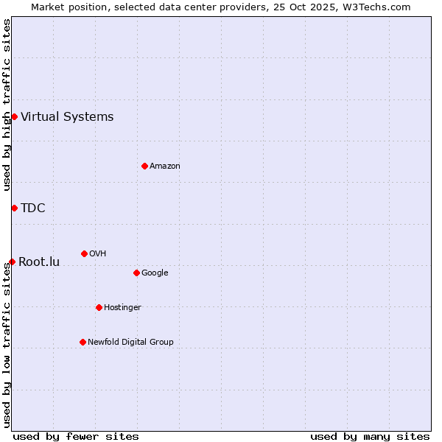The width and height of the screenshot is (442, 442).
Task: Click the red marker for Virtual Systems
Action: coord(14,116)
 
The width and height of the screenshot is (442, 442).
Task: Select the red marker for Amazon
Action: coord(144,166)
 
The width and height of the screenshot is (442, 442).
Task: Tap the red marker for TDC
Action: coord(14,208)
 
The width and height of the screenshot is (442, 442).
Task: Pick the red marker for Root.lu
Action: coord(12,262)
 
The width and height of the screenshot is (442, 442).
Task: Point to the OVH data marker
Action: coord(84,253)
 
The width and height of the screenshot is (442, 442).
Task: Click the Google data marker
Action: coord(136,273)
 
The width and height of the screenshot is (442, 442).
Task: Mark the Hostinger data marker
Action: coord(99,307)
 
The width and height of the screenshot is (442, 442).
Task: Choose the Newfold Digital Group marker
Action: coord(83,342)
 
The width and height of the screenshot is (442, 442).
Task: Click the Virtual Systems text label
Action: coord(67,116)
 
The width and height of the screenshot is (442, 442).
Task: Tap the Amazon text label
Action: coord(165,166)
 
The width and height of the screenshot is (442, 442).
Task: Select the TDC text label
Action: coord(33,208)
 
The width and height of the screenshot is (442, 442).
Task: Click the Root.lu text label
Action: coord(39,262)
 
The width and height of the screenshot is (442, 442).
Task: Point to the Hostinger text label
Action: coord(122,307)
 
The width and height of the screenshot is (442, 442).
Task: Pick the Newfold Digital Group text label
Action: coord(130,342)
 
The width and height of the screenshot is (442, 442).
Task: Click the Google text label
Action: coord(155,273)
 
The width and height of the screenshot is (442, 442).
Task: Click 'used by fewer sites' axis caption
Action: coord(76,436)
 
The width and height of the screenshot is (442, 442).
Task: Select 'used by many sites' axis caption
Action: coord(370,436)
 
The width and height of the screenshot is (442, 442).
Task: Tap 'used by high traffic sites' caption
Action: coord(7,105)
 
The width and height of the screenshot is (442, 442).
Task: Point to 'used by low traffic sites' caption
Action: coord(7,345)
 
